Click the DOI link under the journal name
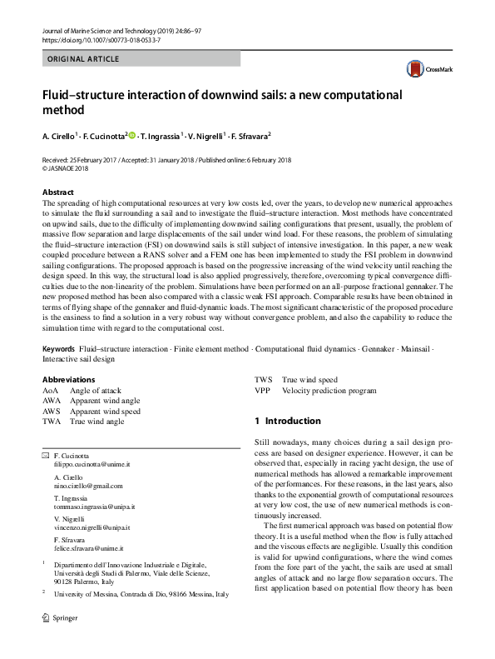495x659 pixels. point(90,39)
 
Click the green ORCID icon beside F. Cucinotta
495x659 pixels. point(131,136)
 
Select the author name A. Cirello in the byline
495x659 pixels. point(59,136)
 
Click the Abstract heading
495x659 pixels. point(57,192)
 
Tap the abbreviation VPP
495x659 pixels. point(262,390)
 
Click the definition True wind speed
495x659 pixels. point(309,379)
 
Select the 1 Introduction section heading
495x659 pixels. point(287,422)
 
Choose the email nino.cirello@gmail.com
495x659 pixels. point(87,486)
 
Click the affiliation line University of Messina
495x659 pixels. point(141,594)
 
